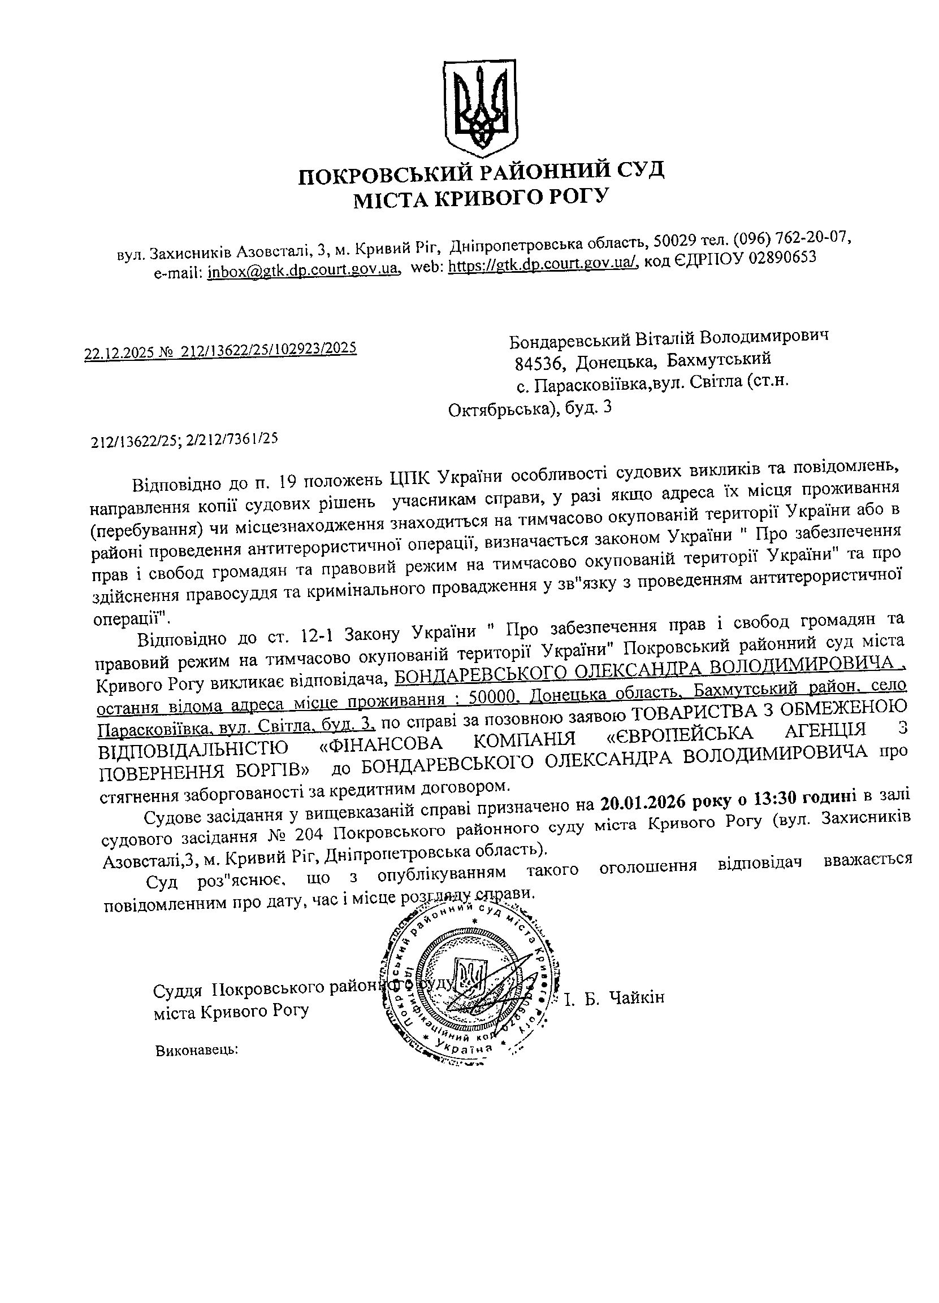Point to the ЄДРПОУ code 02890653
(782, 258)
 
